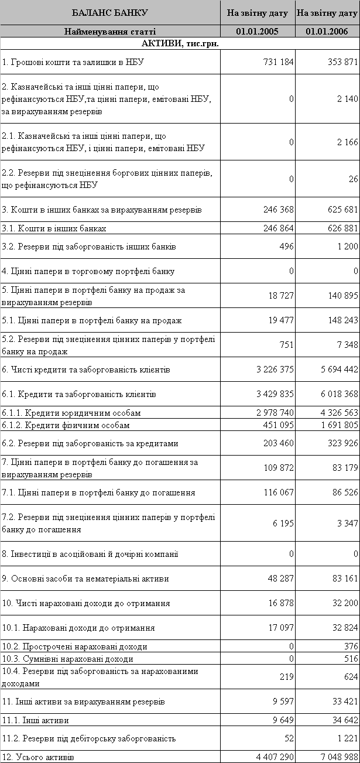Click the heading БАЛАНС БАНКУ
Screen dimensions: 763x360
110,12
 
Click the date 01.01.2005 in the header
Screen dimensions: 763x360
258,31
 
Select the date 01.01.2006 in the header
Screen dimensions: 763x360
327,31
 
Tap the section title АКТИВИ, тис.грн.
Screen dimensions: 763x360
180,43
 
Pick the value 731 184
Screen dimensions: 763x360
275,62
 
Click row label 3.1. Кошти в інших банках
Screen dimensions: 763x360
54,228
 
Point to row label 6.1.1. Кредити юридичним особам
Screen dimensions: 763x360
71,413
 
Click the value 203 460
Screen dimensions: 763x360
275,443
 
